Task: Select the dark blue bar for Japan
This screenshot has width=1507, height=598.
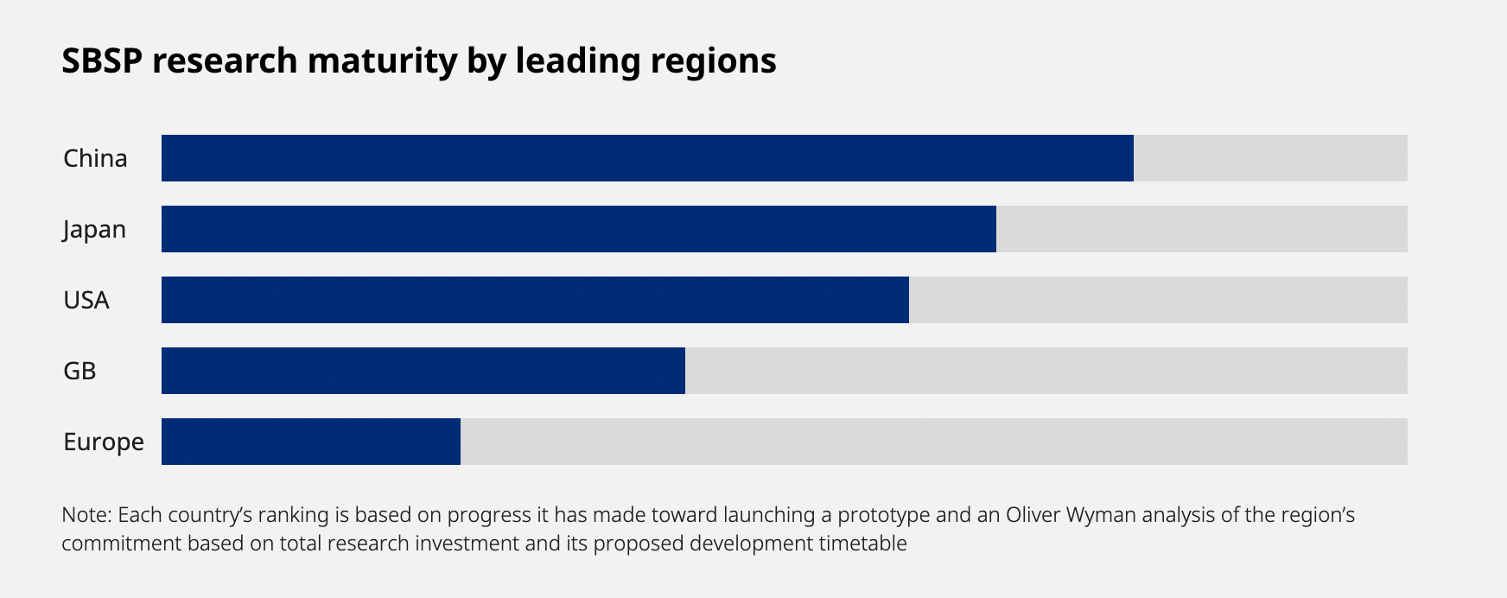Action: click(x=578, y=229)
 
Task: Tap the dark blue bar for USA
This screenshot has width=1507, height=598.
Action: click(x=535, y=300)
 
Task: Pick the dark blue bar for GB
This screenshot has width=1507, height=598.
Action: click(x=423, y=371)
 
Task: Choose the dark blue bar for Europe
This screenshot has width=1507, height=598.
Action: click(x=310, y=442)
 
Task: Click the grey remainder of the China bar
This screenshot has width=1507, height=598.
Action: click(x=1270, y=158)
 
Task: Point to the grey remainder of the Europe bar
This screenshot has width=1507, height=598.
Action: click(x=933, y=442)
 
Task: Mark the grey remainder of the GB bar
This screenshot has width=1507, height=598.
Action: click(x=1046, y=371)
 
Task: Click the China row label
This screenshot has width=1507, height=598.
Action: click(x=95, y=158)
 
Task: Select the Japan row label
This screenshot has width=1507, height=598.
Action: click(x=94, y=230)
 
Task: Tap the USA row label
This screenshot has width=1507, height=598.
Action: click(x=86, y=300)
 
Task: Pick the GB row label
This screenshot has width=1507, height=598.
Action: click(x=79, y=371)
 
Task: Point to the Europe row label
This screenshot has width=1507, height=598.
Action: click(x=104, y=442)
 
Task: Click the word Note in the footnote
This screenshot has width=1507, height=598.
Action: click(x=86, y=515)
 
